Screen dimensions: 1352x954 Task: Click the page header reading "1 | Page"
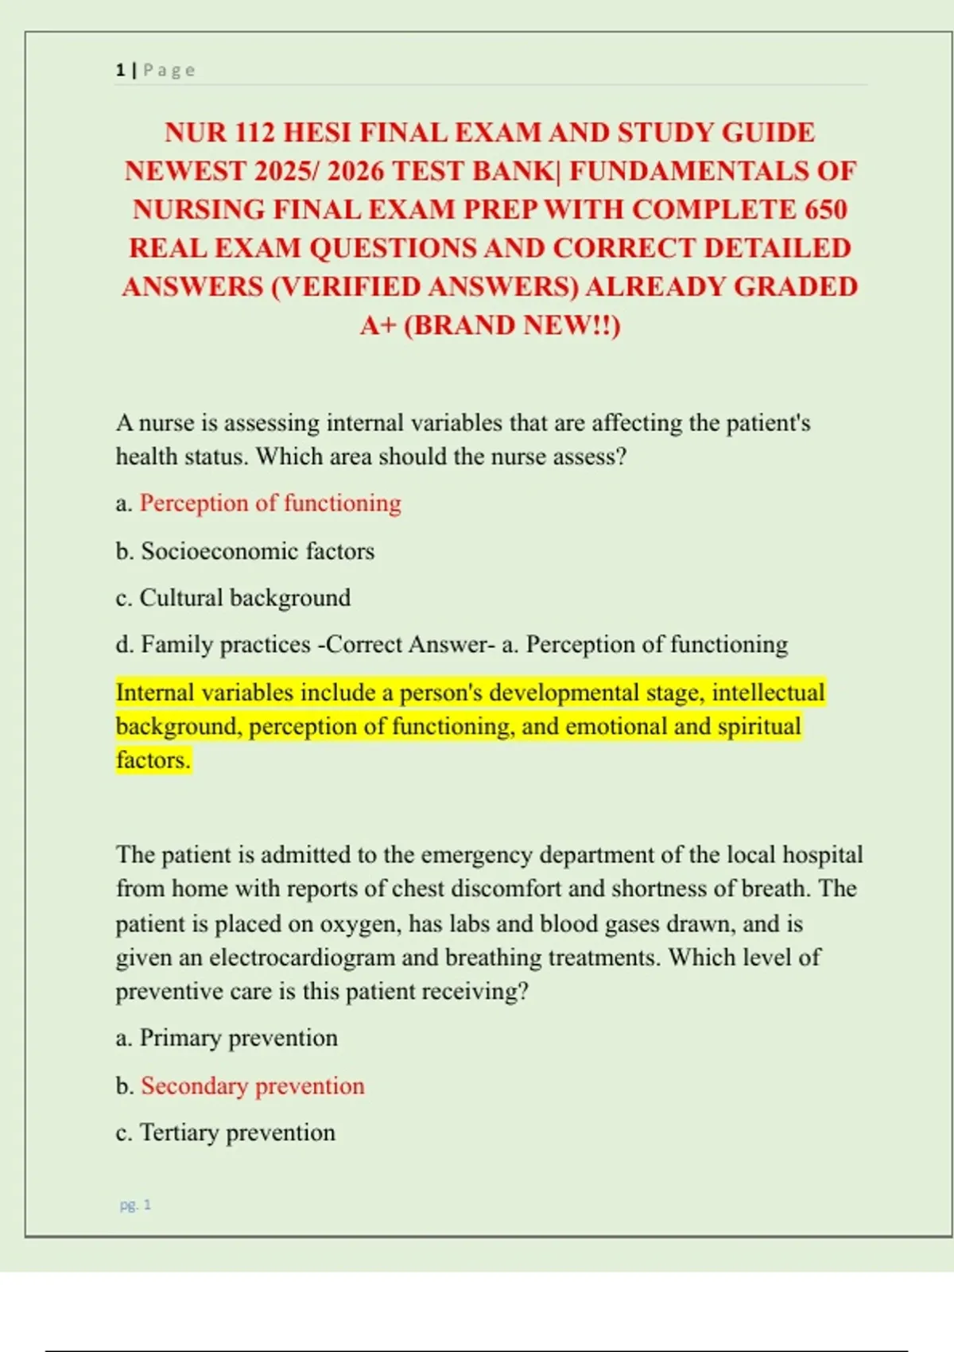pyautogui.click(x=155, y=70)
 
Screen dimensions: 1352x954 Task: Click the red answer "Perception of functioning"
pyautogui.click(x=270, y=503)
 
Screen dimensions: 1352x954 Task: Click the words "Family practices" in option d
pyautogui.click(x=225, y=644)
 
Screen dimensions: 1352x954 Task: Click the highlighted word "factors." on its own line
pyautogui.click(x=153, y=760)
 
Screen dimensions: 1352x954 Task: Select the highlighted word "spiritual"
pyautogui.click(x=759, y=726)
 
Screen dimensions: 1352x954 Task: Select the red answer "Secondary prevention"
pyautogui.click(x=252, y=1086)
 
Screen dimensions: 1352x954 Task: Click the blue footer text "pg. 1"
pyautogui.click(x=135, y=1205)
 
